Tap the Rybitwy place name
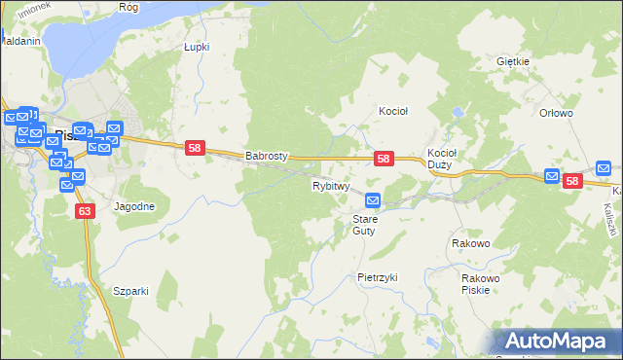click(330, 185)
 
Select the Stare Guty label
click(364, 225)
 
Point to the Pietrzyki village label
click(378, 277)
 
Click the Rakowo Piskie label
click(480, 283)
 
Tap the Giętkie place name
click(512, 61)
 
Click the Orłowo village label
click(556, 113)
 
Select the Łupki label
click(197, 46)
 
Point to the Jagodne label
click(133, 207)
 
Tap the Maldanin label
click(19, 42)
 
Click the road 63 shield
click(85, 210)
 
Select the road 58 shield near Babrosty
click(195, 147)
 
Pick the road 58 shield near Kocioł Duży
click(384, 159)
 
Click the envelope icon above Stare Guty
click(372, 200)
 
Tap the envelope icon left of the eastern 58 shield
click(552, 177)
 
